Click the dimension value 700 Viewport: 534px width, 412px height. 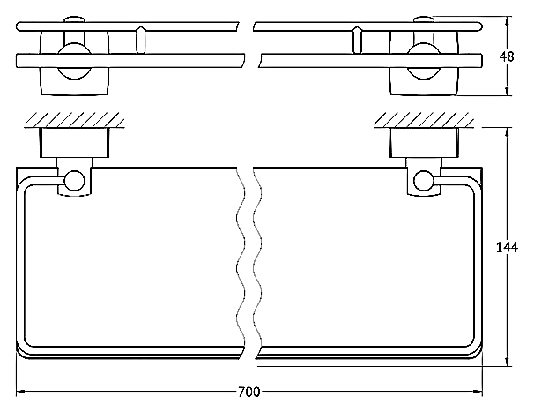tap(248, 392)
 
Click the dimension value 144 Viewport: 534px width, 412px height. tap(507, 247)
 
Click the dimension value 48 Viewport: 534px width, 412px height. tap(507, 56)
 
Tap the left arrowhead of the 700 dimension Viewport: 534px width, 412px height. tap(20, 392)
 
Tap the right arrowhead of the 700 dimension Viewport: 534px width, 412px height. tap(478, 392)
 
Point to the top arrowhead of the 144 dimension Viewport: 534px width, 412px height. tap(508, 132)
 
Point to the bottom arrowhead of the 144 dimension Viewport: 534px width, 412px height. tap(508, 362)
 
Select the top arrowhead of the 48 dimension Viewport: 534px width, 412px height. tap(508, 21)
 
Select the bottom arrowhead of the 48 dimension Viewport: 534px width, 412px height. tap(508, 91)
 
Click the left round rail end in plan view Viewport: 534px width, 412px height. tap(75, 181)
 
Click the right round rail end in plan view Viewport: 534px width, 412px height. tap(423, 181)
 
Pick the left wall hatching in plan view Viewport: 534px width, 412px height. tap(74, 120)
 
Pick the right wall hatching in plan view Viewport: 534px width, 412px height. tap(424, 120)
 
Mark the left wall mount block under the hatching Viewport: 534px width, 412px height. tap(75, 143)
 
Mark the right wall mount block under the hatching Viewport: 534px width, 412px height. tap(424, 143)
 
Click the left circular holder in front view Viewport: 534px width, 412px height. tap(74, 62)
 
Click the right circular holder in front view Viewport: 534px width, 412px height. tap(424, 62)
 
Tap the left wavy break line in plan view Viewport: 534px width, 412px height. tap(241, 263)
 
